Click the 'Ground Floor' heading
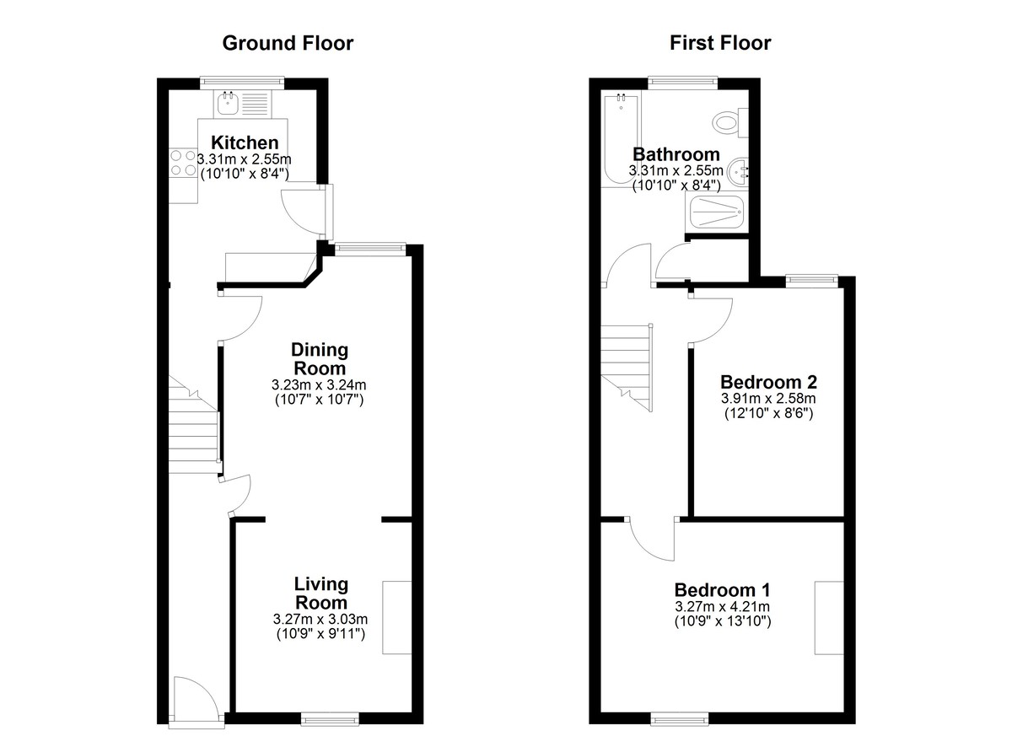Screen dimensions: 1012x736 point(288,43)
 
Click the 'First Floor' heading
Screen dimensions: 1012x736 point(720,43)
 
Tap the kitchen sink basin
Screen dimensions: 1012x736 point(227,103)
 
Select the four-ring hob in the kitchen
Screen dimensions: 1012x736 point(184,163)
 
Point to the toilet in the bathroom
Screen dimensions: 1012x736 point(730,122)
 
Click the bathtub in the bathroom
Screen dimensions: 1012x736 point(622,141)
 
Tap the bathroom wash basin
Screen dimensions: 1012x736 point(739,172)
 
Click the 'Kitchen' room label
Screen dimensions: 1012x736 point(245,142)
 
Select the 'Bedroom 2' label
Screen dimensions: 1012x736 point(768,382)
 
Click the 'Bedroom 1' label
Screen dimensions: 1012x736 point(723,589)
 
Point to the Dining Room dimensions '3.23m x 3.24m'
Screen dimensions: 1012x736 point(319,385)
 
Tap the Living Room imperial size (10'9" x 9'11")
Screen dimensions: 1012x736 point(320,633)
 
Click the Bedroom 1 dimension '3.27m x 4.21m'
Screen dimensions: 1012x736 point(723,606)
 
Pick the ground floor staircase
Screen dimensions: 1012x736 point(194,424)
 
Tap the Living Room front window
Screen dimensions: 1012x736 point(330,719)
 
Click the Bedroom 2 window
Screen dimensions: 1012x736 point(812,281)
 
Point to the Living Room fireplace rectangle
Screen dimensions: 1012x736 point(396,617)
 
